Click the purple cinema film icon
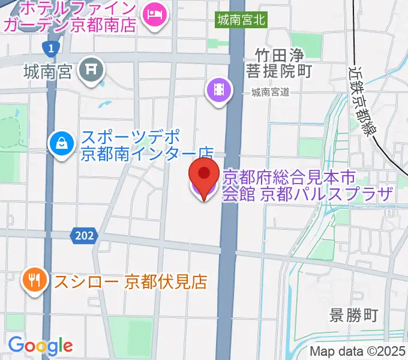(x=220, y=91)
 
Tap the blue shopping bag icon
(x=61, y=143)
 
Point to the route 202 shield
(x=85, y=236)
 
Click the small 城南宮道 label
(x=270, y=92)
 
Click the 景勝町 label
(x=355, y=315)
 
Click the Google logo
(x=40, y=345)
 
